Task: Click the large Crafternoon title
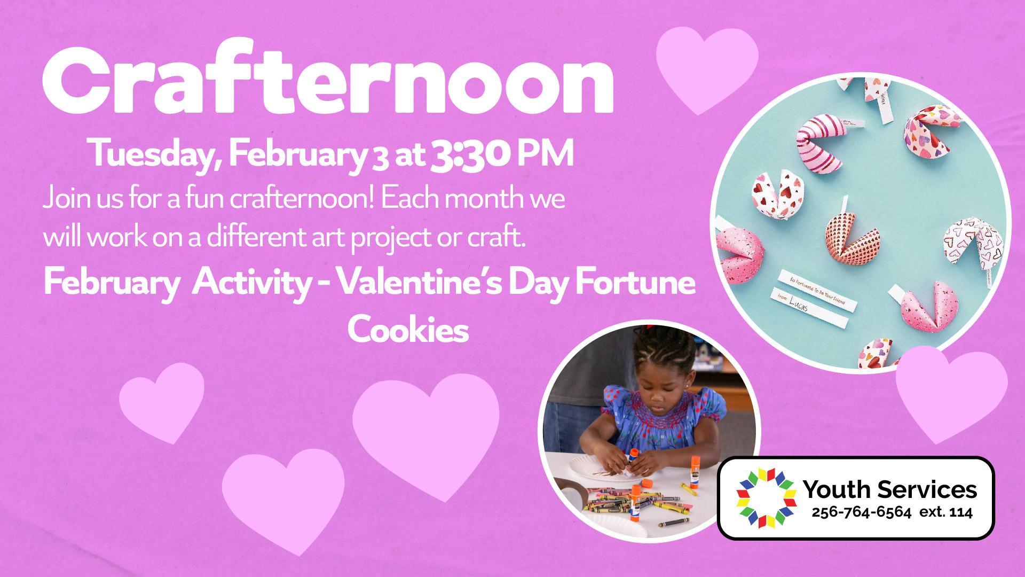pyautogui.click(x=328, y=77)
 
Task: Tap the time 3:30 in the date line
pyautogui.click(x=470, y=154)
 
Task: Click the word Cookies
pyautogui.click(x=408, y=329)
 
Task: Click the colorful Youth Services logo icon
pyautogui.click(x=767, y=498)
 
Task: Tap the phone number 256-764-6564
pyautogui.click(x=861, y=512)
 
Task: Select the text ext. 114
pyautogui.click(x=946, y=512)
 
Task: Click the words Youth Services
pyautogui.click(x=890, y=489)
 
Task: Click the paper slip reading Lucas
pyautogui.click(x=809, y=309)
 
